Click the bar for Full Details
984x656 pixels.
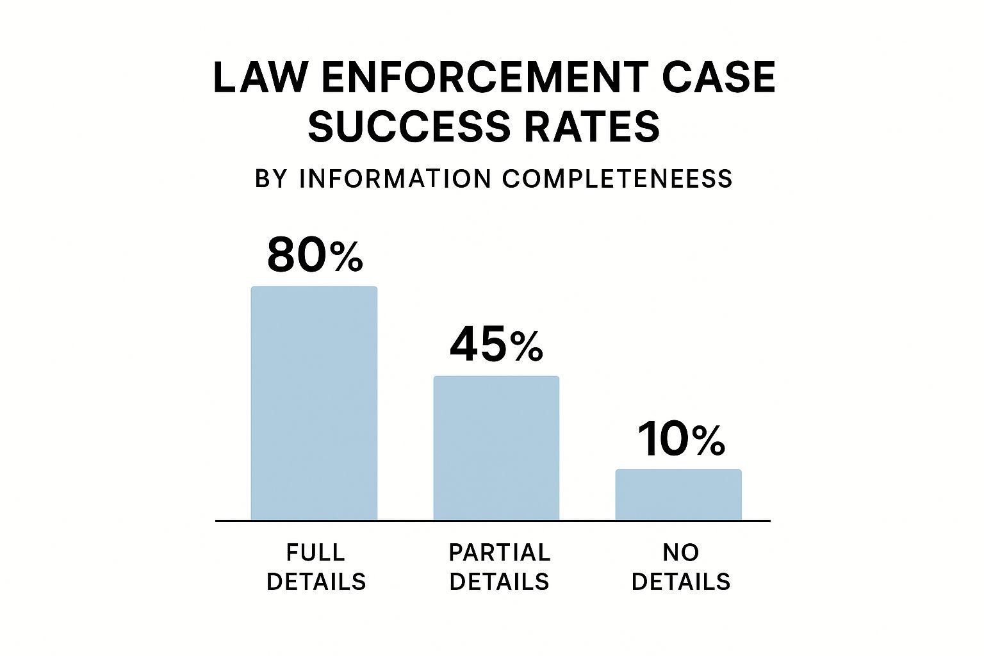pos(314,403)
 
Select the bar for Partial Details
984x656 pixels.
pos(496,448)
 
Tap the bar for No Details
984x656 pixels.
pos(678,495)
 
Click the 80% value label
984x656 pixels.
pos(315,255)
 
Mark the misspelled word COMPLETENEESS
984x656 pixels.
pos(617,179)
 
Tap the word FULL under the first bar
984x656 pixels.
pos(316,552)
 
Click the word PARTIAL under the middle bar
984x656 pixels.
pos(499,552)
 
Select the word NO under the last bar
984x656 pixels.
pos(681,552)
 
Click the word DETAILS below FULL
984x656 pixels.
pos(316,582)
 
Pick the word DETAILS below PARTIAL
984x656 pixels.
pos(499,582)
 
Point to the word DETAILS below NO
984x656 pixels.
pos(681,582)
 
